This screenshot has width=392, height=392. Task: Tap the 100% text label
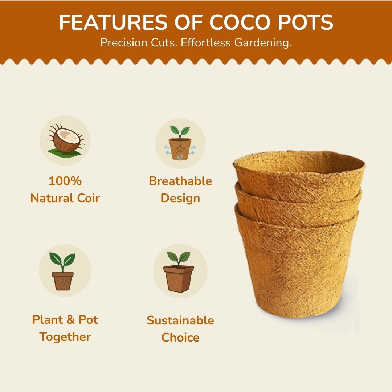pyautogui.click(x=65, y=181)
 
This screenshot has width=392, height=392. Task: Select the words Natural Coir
pyautogui.click(x=65, y=198)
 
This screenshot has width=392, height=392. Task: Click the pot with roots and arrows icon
pyautogui.click(x=180, y=144)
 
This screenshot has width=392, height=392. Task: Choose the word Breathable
pyautogui.click(x=180, y=181)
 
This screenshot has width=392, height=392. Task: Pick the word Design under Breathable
pyautogui.click(x=180, y=198)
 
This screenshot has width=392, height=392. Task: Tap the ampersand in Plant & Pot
pyautogui.click(x=67, y=320)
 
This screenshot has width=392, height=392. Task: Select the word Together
pyautogui.click(x=65, y=337)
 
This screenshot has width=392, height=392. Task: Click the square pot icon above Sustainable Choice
pyautogui.click(x=179, y=272)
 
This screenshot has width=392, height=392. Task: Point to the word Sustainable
pyautogui.click(x=180, y=320)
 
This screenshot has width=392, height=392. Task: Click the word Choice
pyautogui.click(x=180, y=338)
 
